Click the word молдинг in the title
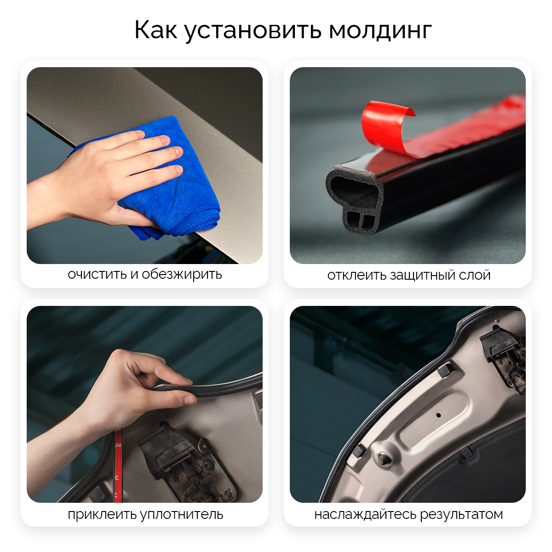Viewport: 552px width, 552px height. [380, 31]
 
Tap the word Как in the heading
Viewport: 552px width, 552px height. [156, 29]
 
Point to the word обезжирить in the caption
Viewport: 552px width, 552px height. [182, 274]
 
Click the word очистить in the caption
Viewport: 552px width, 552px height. [98, 275]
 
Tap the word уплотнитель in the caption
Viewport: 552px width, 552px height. [182, 514]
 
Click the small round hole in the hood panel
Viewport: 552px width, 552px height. [438, 415]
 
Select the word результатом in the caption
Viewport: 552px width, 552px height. [461, 514]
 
